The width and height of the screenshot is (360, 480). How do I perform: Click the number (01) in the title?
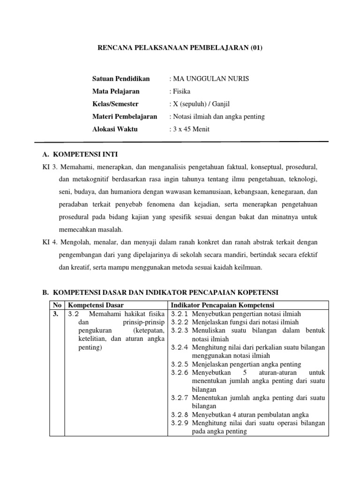[x=255, y=48]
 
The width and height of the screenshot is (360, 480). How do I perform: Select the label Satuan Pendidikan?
[x=121, y=78]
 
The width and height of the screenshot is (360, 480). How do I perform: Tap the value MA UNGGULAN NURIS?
[x=211, y=78]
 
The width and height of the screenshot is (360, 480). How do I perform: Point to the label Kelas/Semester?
[x=115, y=104]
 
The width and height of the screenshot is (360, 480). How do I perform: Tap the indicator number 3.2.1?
[x=180, y=314]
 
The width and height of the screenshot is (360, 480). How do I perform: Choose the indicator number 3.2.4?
[x=180, y=347]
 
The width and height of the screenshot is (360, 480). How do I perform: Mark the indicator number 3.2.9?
[x=180, y=423]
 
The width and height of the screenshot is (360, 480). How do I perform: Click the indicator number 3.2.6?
[x=180, y=373]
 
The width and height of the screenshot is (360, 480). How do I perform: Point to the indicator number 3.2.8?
[x=180, y=414]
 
